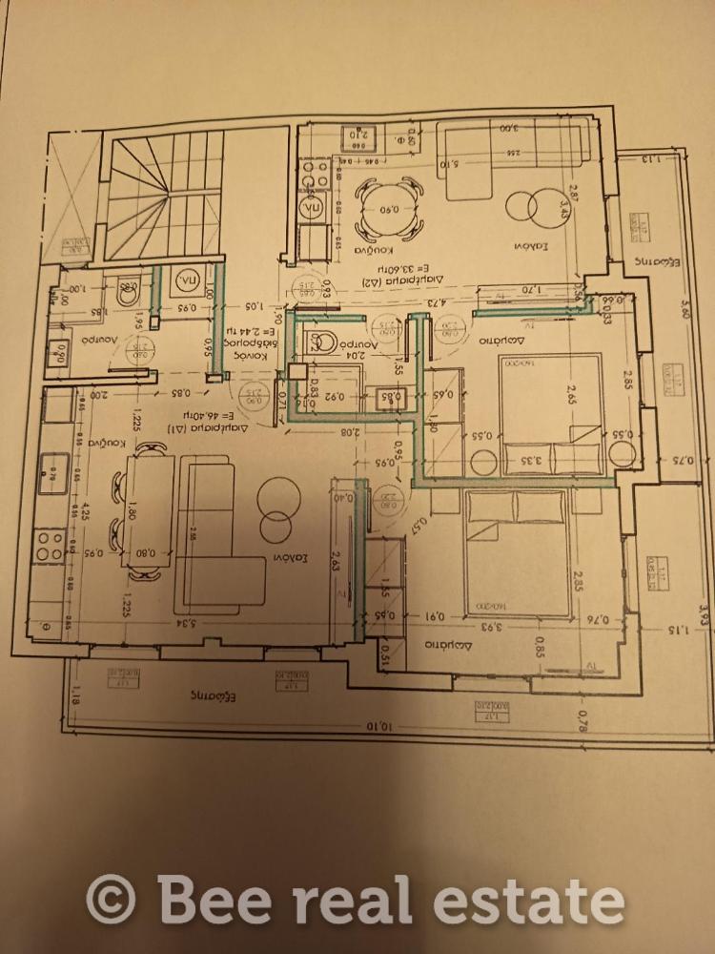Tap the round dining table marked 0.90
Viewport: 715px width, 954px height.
coord(389,211)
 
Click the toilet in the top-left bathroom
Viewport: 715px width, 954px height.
coord(127,294)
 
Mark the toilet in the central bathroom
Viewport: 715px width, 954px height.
coord(321,341)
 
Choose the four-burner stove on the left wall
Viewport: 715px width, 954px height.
coord(49,545)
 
